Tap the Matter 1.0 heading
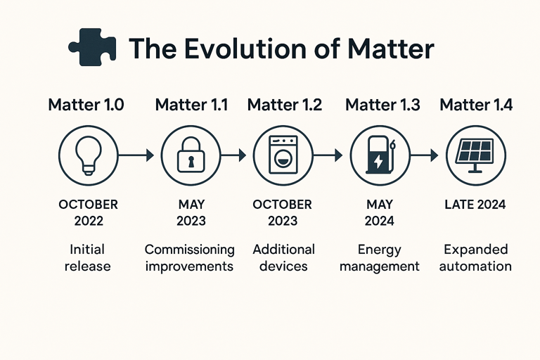pyautogui.click(x=86, y=105)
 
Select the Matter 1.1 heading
pyautogui.click(x=191, y=105)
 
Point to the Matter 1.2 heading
pyautogui.click(x=284, y=105)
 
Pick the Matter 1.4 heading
pyautogui.click(x=476, y=105)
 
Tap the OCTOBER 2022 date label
pyautogui.click(x=88, y=212)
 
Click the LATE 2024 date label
pyautogui.click(x=475, y=205)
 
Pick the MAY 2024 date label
pyautogui.click(x=379, y=212)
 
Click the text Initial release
pyautogui.click(x=88, y=257)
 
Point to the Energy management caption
pyautogui.click(x=379, y=257)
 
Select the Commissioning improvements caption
pyautogui.click(x=190, y=257)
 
